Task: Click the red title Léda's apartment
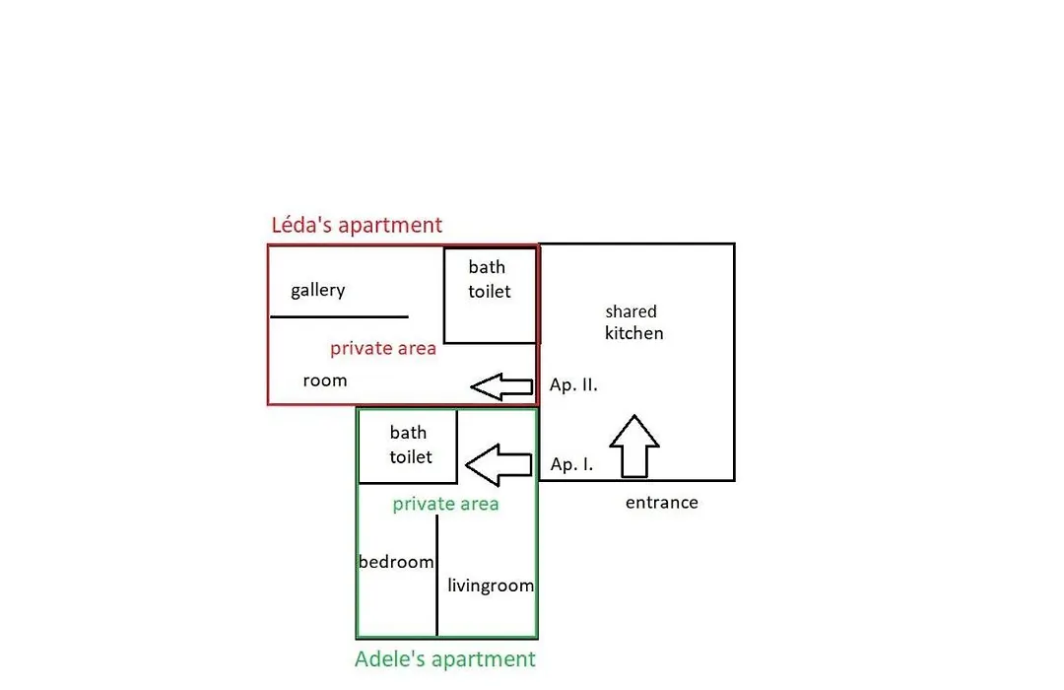[357, 225]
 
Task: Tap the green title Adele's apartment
[445, 658]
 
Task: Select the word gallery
[317, 291]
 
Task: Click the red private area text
[382, 348]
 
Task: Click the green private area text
[445, 504]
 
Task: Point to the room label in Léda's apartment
[325, 381]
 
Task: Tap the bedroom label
[396, 562]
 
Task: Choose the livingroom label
[491, 586]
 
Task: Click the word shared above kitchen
[632, 311]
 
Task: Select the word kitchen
[633, 333]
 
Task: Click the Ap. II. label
[573, 385]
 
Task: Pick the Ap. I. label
[571, 464]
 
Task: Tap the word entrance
[662, 503]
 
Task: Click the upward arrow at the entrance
[634, 447]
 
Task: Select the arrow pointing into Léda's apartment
[501, 386]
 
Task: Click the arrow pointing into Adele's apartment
[499, 465]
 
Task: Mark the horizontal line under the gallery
[339, 316]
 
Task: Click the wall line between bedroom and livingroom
[437, 576]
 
